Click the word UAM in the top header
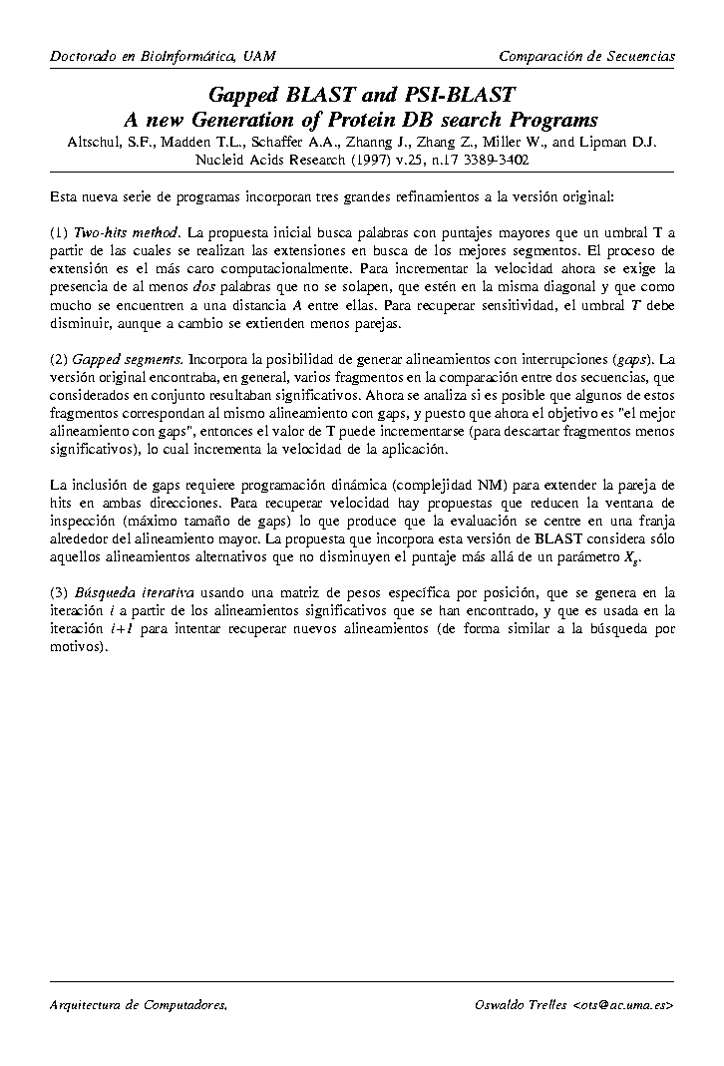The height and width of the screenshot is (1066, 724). [x=260, y=57]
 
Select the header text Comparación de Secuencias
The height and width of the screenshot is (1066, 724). [x=586, y=57]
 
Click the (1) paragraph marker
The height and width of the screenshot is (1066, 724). [x=59, y=232]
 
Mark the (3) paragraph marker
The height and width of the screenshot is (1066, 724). [x=59, y=592]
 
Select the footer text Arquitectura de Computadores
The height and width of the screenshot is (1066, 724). [x=139, y=1005]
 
